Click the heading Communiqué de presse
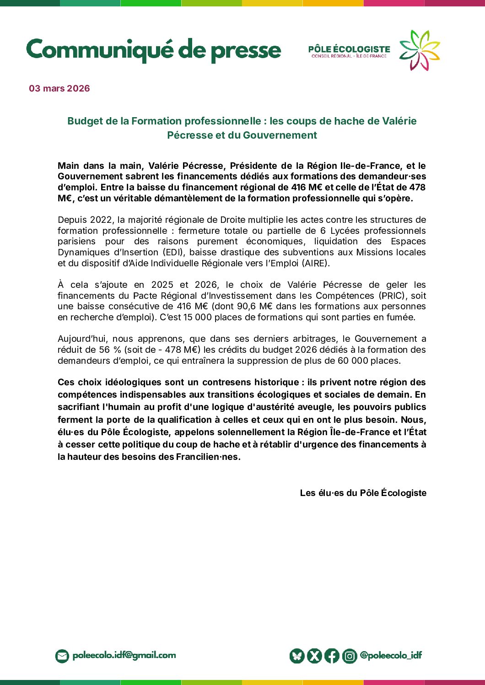click(153, 50)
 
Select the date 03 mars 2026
click(59, 88)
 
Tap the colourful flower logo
click(419, 50)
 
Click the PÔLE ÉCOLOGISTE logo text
click(349, 49)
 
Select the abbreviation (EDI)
click(173, 252)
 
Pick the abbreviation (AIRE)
click(315, 263)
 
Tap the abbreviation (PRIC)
click(392, 296)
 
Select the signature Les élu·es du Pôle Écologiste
click(363, 493)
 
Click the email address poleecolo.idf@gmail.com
click(124, 655)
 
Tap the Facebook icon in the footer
click(332, 656)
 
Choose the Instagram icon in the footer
click(350, 656)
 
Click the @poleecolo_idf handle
click(391, 655)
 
